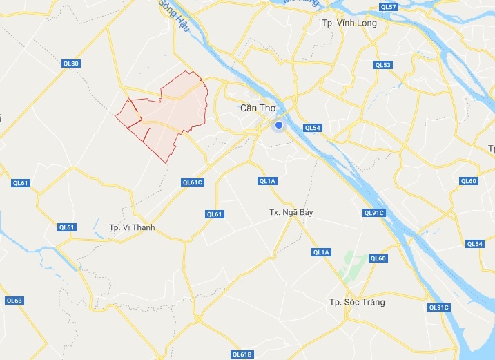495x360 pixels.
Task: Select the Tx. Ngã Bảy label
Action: (291, 212)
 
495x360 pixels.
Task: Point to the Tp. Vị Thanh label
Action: (132, 227)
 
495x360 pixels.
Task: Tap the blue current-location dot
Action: (278, 126)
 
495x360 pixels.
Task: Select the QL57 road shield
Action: (389, 6)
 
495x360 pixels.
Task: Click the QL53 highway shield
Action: (382, 65)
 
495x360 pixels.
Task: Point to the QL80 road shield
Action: (71, 64)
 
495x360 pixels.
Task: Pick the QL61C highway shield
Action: (192, 182)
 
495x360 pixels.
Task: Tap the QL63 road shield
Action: (14, 301)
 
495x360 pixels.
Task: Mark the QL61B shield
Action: (242, 354)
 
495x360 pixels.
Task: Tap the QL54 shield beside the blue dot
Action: (313, 128)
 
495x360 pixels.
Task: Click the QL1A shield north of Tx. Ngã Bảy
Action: (267, 181)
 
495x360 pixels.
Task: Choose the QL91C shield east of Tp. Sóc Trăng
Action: (438, 307)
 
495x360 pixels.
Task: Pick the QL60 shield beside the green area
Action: (378, 258)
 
